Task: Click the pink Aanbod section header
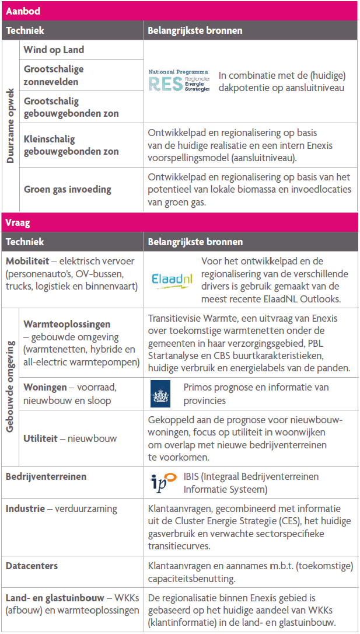(180, 11)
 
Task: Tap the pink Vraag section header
(180, 222)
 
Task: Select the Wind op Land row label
(54, 50)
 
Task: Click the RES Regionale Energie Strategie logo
(179, 82)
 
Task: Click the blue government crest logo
(159, 394)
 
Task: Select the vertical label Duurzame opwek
(11, 125)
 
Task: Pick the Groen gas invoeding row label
(67, 189)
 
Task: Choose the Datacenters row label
(32, 566)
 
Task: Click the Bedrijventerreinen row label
(46, 476)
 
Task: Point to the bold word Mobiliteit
(26, 261)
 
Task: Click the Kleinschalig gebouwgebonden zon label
(71, 145)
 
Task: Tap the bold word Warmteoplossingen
(67, 324)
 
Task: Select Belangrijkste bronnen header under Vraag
(195, 242)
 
